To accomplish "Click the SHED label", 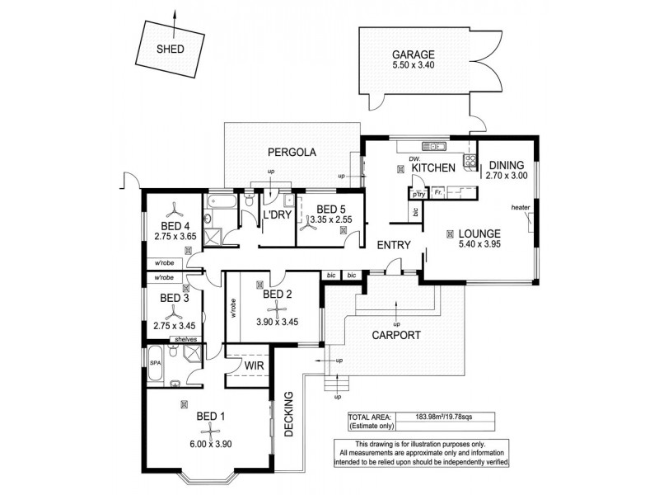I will coord(171,49).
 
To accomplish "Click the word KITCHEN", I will coord(434,167).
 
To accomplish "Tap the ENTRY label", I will coord(394,246).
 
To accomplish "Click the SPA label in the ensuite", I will coord(156,350).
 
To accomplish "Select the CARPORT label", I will coord(395,336).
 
